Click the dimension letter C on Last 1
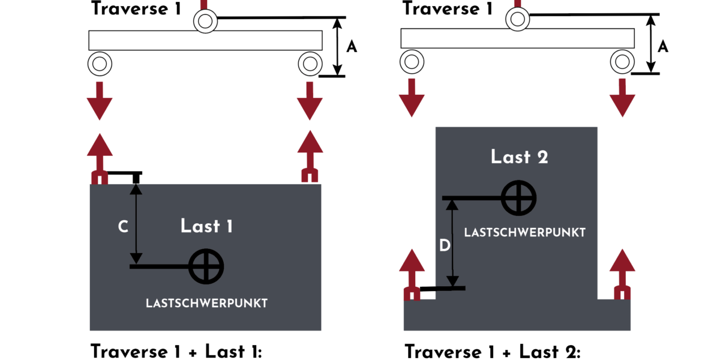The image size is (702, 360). [122, 226]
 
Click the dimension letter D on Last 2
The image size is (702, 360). [445, 245]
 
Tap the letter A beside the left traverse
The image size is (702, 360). [352, 47]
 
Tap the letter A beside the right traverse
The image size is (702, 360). [662, 46]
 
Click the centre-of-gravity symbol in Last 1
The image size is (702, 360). [206, 266]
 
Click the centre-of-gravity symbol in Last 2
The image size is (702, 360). [518, 197]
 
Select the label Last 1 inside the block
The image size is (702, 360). [206, 226]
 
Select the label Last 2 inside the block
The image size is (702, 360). [519, 157]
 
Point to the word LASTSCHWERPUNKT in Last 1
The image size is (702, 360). [206, 304]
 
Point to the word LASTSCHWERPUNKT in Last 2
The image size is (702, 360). [524, 233]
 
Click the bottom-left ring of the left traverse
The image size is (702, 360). [100, 62]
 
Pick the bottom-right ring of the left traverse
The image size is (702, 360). [310, 62]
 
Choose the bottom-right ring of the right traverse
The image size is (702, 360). [622, 61]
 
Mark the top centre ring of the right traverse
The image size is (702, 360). [517, 19]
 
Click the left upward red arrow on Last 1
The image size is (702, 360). [100, 157]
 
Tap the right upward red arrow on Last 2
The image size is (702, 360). [622, 273]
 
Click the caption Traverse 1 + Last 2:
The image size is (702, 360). [492, 352]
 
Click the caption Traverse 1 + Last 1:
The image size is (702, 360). [176, 351]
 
